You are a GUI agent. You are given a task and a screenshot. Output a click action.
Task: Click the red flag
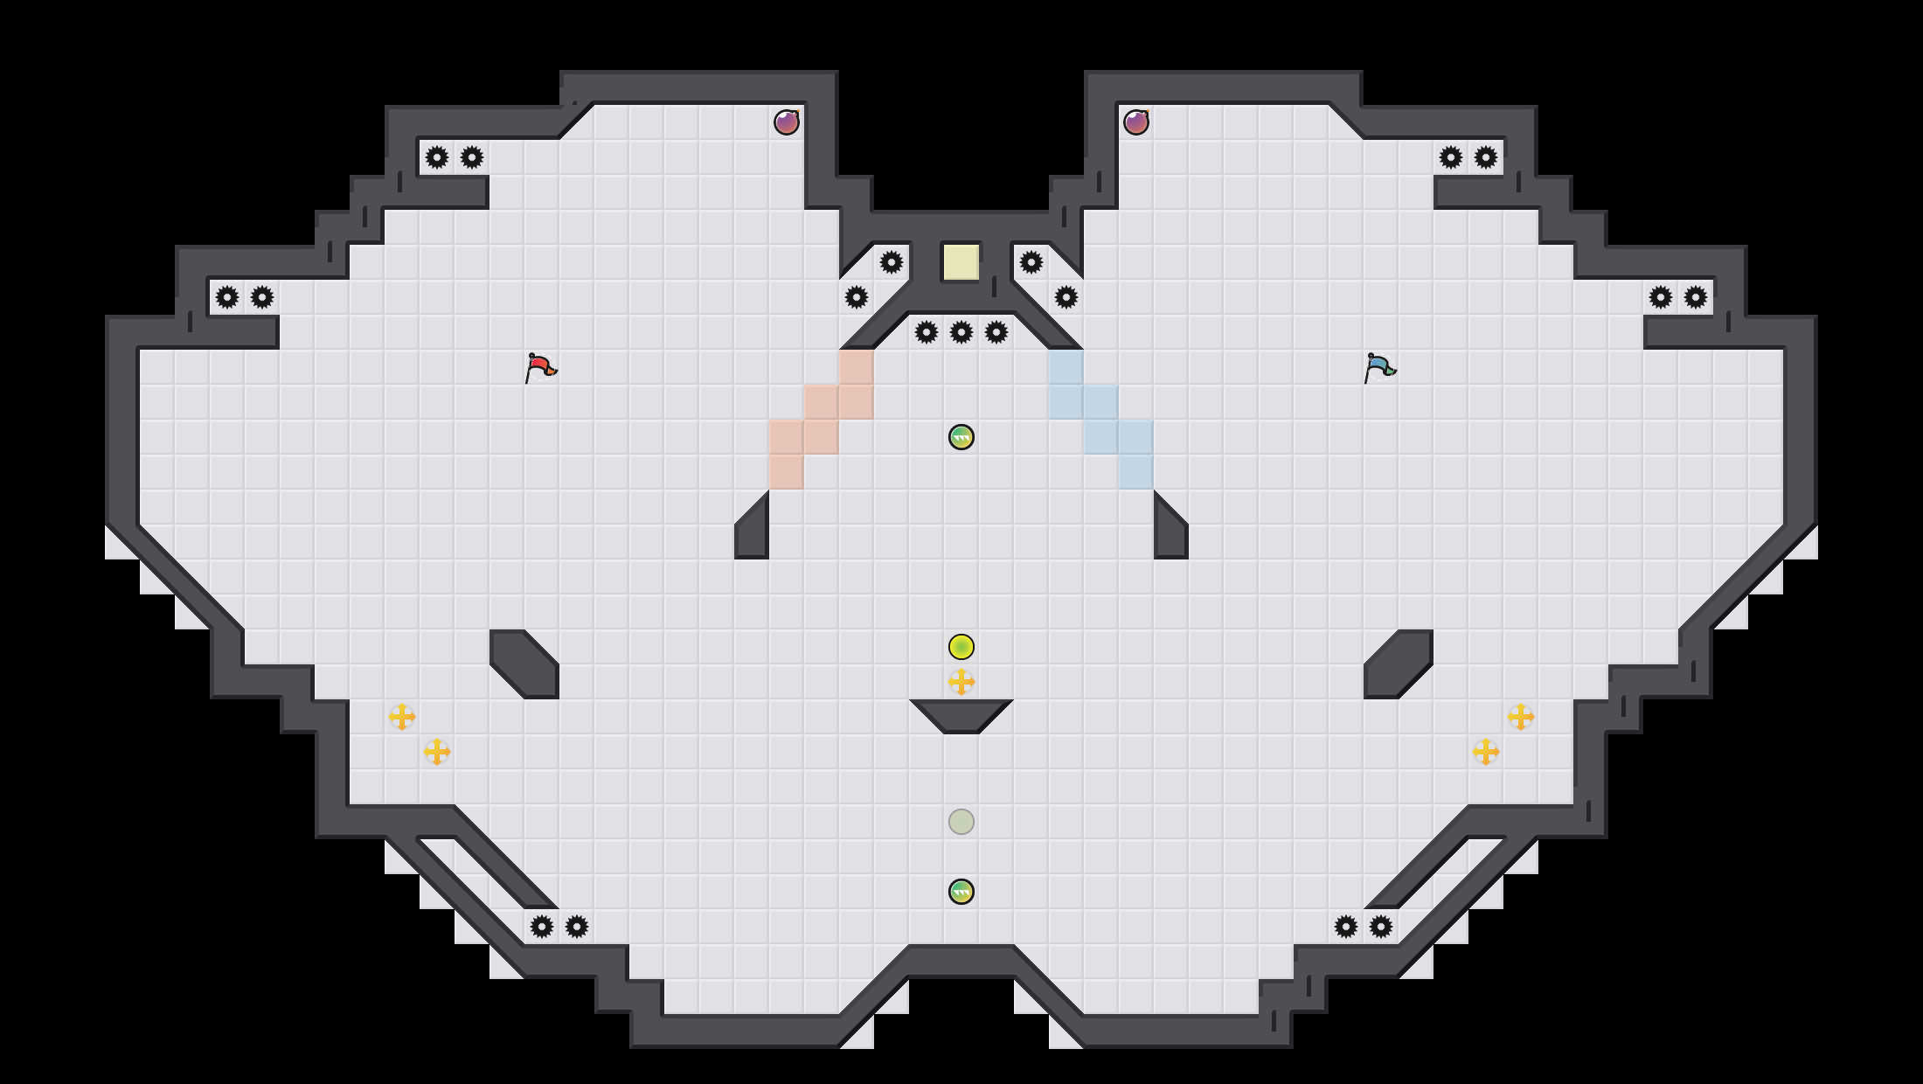click(540, 367)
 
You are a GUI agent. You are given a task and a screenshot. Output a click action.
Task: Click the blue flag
click(1379, 367)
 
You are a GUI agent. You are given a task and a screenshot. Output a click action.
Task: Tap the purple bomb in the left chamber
click(787, 122)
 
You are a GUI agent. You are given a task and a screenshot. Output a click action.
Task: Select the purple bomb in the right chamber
click(1136, 122)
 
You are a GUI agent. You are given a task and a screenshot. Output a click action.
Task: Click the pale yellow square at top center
click(961, 262)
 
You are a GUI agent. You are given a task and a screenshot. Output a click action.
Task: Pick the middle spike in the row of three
click(961, 332)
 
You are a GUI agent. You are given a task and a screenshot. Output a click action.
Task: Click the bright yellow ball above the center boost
click(961, 647)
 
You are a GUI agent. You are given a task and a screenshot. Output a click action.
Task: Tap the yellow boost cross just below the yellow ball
click(961, 682)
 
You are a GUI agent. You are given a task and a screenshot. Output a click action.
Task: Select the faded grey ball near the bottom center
click(961, 822)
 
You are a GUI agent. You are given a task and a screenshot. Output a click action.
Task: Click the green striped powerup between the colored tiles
click(961, 437)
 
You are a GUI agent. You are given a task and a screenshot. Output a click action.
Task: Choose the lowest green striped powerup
click(961, 892)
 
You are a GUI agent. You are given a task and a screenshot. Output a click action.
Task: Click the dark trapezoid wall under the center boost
click(961, 715)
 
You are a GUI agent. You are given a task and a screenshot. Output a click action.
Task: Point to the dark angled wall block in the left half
click(524, 664)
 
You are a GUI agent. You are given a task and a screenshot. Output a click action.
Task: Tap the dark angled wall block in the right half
click(1399, 664)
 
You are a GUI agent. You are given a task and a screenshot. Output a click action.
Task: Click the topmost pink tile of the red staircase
click(857, 367)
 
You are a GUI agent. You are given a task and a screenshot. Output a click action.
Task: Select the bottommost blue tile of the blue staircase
click(1136, 472)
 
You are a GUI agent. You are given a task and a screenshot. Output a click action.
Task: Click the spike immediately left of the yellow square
click(892, 262)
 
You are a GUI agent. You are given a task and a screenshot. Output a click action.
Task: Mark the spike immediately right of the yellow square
click(1031, 262)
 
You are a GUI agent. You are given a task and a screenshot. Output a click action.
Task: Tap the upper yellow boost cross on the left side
click(402, 717)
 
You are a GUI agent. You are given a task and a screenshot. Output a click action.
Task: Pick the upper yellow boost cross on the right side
click(1521, 717)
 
